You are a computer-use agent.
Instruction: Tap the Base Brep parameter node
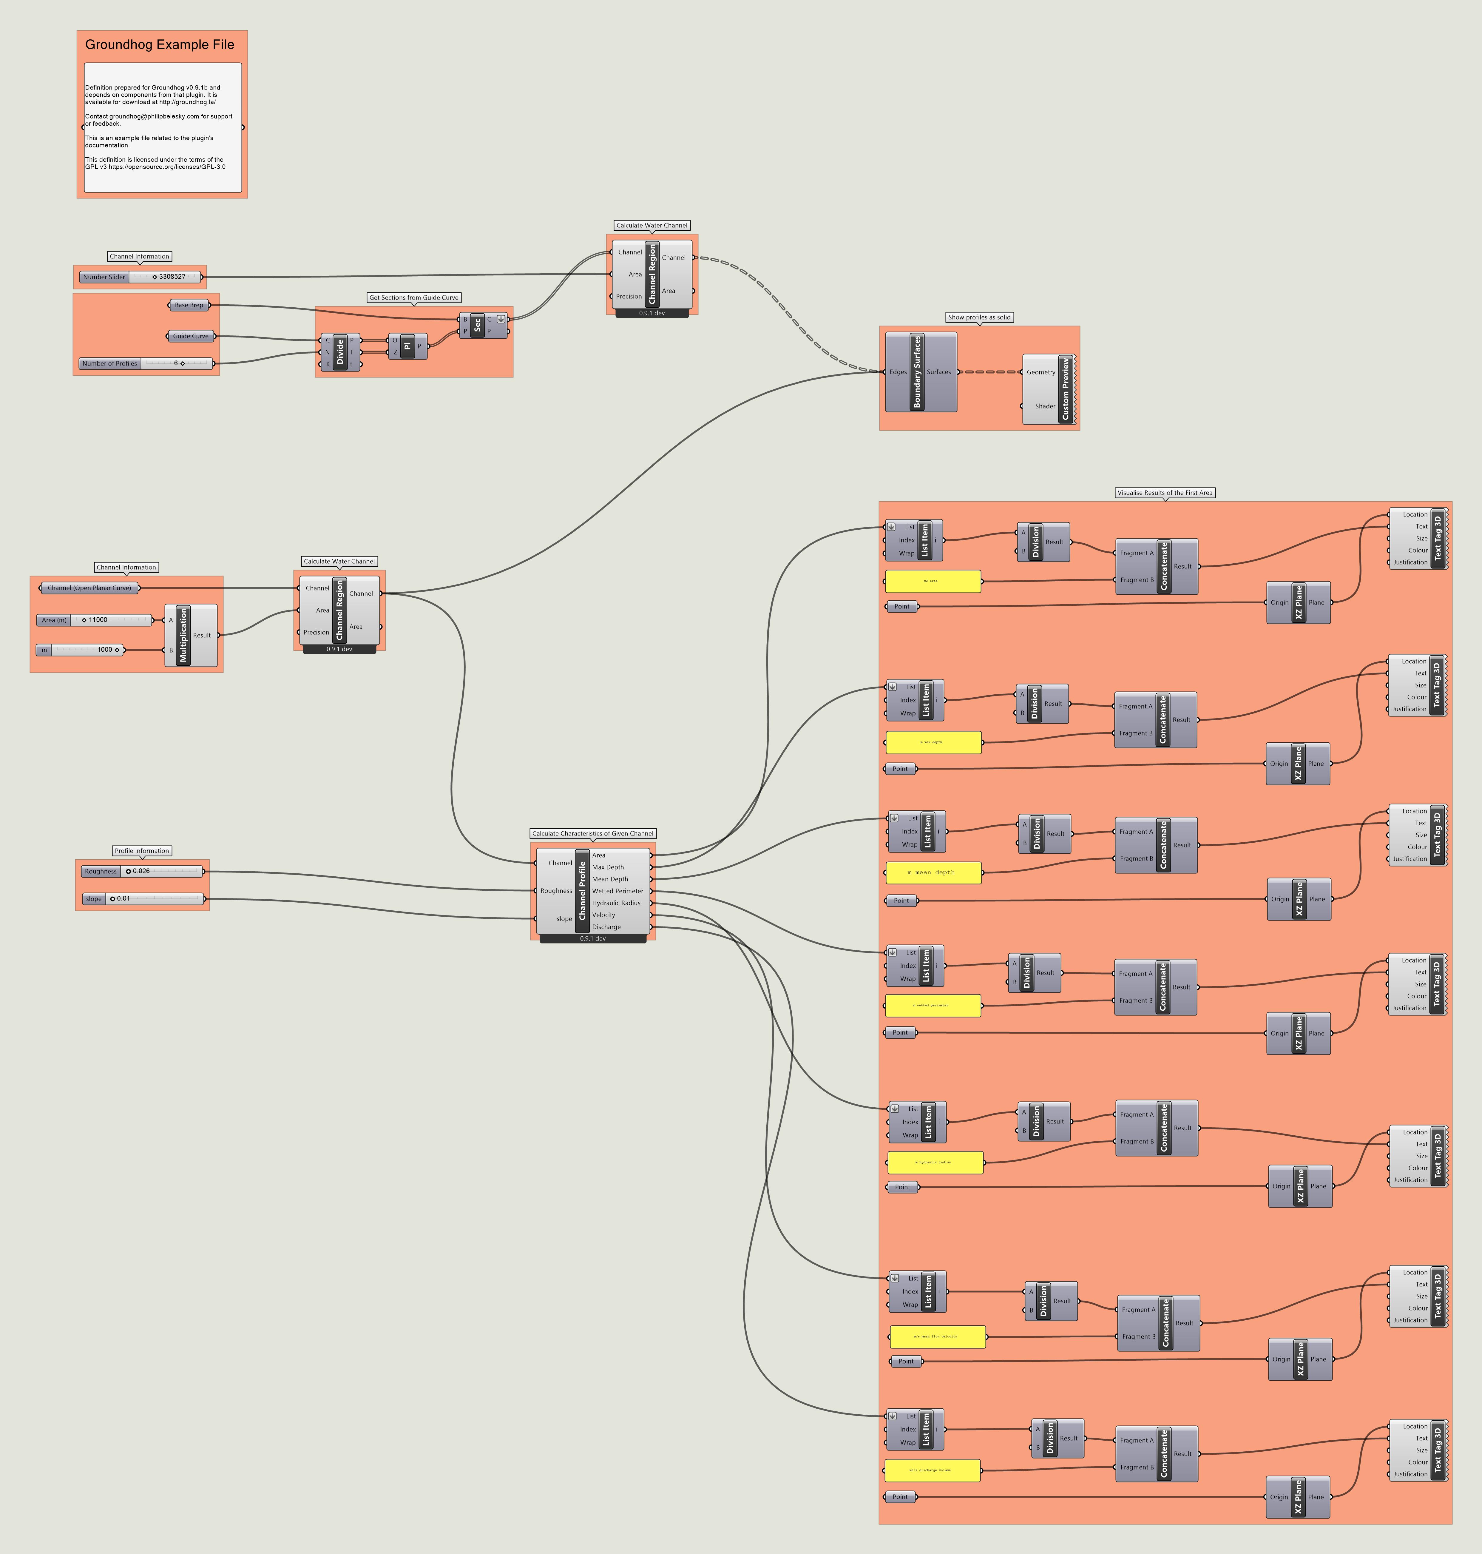(189, 305)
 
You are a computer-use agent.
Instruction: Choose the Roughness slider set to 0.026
(142, 871)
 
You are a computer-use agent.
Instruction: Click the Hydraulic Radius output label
(616, 903)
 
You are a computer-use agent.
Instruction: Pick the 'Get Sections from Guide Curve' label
(414, 298)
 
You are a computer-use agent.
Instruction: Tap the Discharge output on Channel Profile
(607, 927)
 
